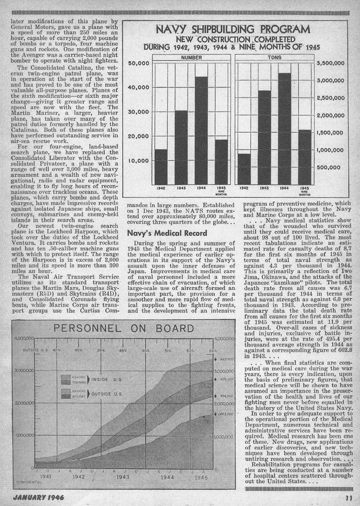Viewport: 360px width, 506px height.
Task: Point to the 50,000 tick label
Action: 138,63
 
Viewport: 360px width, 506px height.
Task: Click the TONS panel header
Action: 275,58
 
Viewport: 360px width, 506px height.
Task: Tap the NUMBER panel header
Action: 191,58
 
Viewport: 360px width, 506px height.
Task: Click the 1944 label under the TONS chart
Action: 285,189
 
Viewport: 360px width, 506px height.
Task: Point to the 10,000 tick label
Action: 138,160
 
